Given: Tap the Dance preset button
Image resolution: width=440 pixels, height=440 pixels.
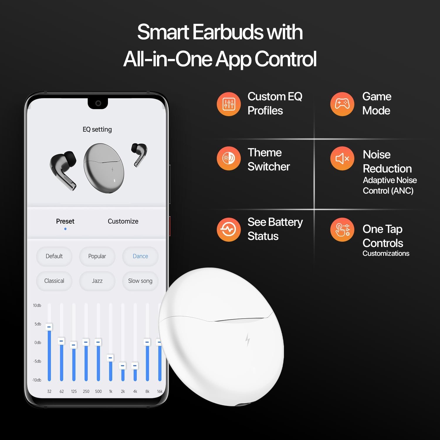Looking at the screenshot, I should (x=140, y=256).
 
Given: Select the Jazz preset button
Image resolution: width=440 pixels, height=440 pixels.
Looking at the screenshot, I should (x=97, y=281).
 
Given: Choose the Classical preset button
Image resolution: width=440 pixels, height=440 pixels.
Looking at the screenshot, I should (x=54, y=281).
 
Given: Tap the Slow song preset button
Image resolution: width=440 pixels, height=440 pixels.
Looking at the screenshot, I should (x=140, y=281).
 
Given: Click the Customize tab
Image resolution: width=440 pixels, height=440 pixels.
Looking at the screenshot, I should (x=123, y=221).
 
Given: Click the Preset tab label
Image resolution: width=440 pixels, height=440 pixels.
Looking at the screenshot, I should (x=65, y=221).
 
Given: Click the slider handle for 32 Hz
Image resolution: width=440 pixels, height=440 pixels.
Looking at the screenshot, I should (x=49, y=327).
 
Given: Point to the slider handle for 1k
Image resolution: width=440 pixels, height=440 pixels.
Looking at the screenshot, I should (x=110, y=358).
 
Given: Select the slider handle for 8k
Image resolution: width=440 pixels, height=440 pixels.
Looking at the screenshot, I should (x=147, y=342).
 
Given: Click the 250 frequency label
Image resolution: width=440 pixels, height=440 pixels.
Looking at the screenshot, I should (x=86, y=391).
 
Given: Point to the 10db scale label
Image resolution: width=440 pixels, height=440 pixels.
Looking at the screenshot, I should (x=37, y=305).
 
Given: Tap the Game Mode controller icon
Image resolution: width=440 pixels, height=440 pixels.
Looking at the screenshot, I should (x=342, y=104).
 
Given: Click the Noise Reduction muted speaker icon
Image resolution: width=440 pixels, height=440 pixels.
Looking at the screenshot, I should (x=342, y=158).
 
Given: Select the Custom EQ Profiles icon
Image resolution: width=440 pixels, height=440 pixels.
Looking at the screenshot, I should (x=229, y=104).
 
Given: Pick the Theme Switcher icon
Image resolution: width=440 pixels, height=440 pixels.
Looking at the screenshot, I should (x=229, y=158).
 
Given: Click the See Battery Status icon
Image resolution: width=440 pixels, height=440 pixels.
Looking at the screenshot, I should (x=229, y=229).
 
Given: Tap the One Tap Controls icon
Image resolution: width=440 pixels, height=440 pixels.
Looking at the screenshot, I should (x=342, y=229).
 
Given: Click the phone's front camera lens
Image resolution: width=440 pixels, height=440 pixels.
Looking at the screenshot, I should (x=98, y=103).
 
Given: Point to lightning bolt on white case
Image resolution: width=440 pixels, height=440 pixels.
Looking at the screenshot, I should (x=248, y=340).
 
